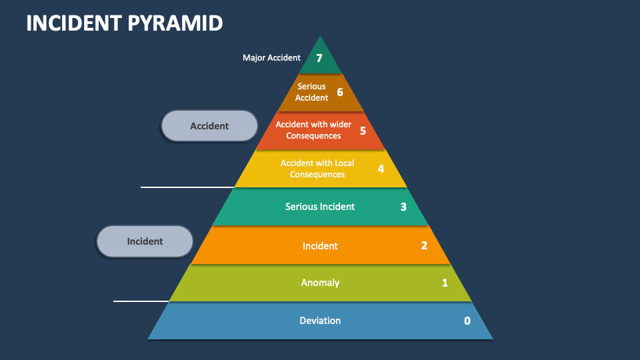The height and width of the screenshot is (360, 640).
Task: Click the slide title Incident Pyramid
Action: (x=125, y=23)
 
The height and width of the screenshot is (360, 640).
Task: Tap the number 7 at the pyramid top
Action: (x=319, y=59)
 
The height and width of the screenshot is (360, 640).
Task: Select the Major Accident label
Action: (x=271, y=58)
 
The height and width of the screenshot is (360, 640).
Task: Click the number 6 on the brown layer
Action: (x=339, y=92)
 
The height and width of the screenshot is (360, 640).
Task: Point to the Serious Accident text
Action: (x=312, y=92)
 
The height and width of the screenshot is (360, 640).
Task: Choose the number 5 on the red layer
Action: (x=363, y=131)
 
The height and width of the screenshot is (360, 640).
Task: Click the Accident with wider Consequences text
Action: (x=313, y=130)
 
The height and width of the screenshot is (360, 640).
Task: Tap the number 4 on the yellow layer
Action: (x=381, y=169)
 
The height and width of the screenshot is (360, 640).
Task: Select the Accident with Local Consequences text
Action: (x=317, y=169)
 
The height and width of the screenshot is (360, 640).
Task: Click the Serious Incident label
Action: (x=320, y=207)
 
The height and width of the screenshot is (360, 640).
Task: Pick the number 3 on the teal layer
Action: (x=403, y=207)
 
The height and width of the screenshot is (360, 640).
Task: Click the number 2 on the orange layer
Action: (x=424, y=245)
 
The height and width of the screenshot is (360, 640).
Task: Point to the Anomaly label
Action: (x=320, y=283)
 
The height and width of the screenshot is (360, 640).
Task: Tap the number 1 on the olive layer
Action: (x=445, y=283)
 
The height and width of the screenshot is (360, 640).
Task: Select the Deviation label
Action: (x=320, y=321)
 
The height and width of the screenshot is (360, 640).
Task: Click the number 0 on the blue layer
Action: (x=467, y=321)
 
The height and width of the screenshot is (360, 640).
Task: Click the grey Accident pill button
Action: (x=209, y=126)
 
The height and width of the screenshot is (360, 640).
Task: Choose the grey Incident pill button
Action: (x=145, y=241)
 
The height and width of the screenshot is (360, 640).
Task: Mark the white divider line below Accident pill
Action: (x=187, y=187)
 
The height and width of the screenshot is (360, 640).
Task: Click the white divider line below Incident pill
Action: (x=141, y=301)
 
